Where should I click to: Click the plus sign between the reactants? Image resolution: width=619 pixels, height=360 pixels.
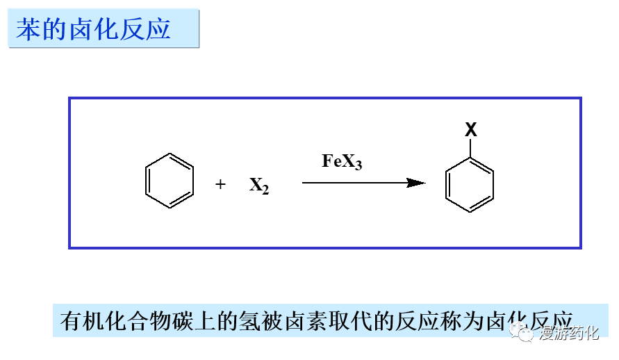220,184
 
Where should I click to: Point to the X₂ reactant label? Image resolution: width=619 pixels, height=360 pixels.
258,186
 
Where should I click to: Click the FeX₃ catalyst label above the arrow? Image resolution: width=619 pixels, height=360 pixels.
342,162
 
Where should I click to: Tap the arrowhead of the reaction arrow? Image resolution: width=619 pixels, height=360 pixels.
416,183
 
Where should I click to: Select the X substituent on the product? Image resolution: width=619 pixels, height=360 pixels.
470,129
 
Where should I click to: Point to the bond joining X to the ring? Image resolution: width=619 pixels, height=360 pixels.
470,148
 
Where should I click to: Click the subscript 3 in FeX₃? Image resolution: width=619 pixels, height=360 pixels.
358,165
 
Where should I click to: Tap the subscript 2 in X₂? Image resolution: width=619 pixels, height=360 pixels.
265,189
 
